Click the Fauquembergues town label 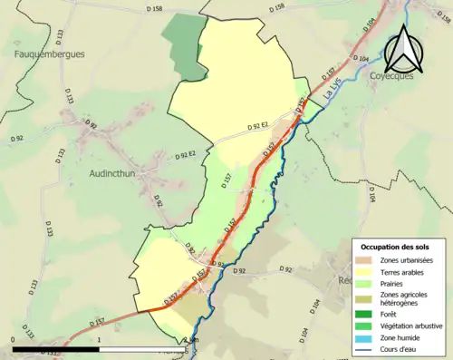[x=50, y=54]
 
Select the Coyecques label [x=392, y=76]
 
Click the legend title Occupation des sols [x=395, y=247]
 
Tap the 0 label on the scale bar [x=14, y=340]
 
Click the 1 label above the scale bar [x=98, y=340]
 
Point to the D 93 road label [x=217, y=264]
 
